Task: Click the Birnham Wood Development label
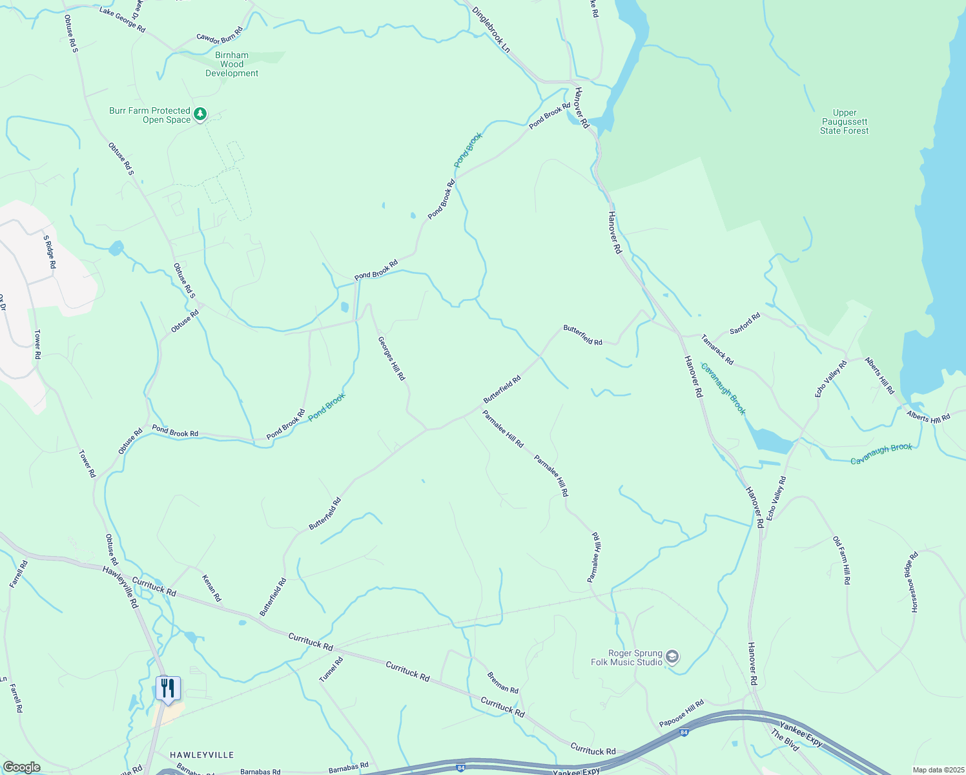(232, 65)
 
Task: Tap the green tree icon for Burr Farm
(200, 115)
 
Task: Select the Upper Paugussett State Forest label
(844, 121)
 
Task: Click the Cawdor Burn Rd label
(220, 35)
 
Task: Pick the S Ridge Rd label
(50, 252)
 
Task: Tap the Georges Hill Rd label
(391, 358)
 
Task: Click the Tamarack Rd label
(717, 349)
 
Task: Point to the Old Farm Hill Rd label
(841, 560)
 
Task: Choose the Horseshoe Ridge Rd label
(914, 582)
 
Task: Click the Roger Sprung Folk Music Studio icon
(672, 657)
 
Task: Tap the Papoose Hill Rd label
(681, 713)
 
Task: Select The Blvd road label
(785, 740)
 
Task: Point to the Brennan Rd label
(503, 683)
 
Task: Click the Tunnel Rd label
(331, 670)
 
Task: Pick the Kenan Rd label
(212, 588)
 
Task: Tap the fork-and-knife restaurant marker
(168, 689)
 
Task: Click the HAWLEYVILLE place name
(201, 755)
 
